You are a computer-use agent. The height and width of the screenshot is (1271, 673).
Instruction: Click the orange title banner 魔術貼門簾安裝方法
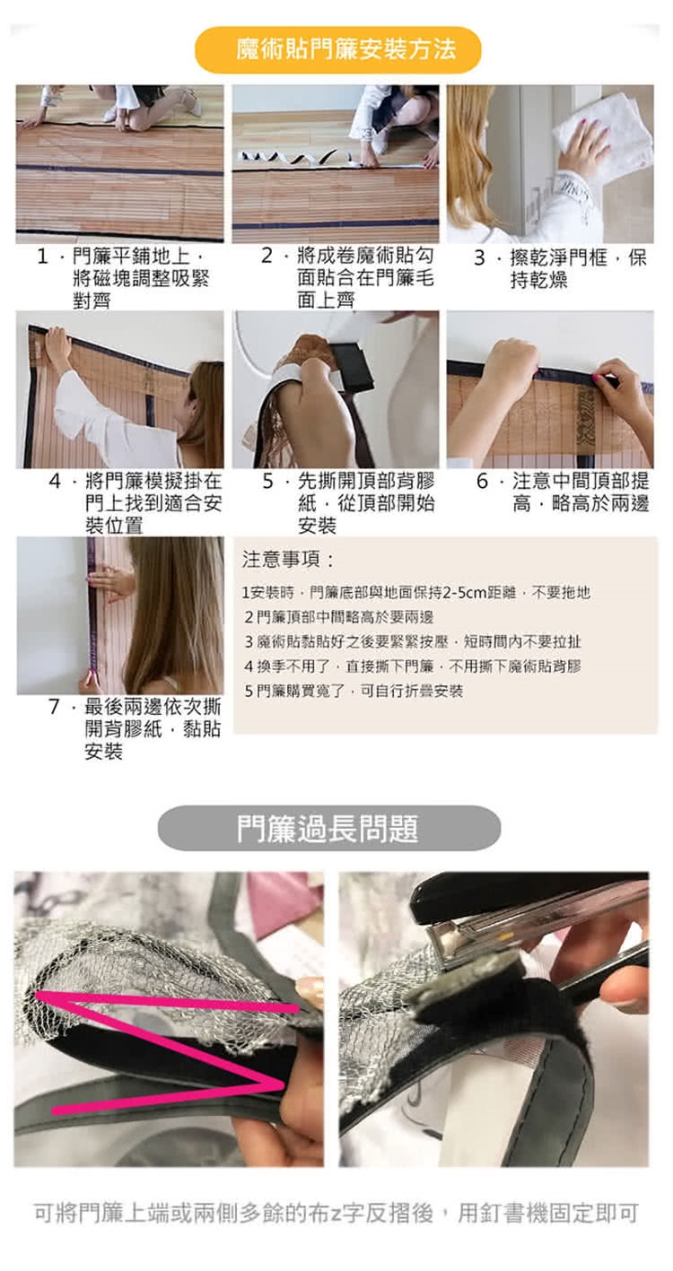(x=337, y=50)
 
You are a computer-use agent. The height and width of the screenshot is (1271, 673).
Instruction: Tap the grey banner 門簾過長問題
(x=329, y=829)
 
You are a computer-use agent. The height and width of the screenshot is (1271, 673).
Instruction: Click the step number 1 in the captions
(x=42, y=257)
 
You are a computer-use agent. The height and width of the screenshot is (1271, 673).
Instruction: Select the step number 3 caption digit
(x=479, y=257)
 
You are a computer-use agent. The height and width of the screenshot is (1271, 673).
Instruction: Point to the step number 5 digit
(x=267, y=482)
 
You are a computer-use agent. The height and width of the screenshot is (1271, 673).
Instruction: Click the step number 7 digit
(x=55, y=707)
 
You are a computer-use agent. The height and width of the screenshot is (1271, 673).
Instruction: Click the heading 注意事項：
(x=288, y=560)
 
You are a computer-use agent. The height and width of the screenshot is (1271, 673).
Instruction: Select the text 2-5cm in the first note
(x=465, y=593)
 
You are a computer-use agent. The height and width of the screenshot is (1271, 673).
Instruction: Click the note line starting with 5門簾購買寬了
(x=354, y=691)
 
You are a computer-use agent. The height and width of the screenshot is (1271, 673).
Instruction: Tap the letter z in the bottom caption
(x=336, y=1213)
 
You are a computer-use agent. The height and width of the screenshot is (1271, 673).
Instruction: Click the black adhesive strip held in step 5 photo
(x=353, y=365)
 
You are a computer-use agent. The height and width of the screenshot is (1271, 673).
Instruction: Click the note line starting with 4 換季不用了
(x=413, y=666)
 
